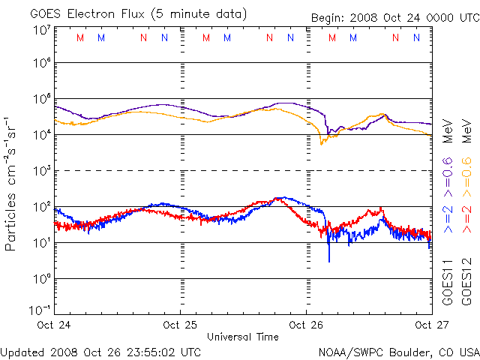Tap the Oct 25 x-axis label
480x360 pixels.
point(180,325)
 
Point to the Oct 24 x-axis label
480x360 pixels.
point(55,325)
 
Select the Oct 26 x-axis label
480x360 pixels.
point(306,325)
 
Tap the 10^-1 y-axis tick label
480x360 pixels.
point(40,309)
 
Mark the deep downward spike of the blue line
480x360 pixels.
point(328,259)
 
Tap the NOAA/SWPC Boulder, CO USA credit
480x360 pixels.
point(398,352)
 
